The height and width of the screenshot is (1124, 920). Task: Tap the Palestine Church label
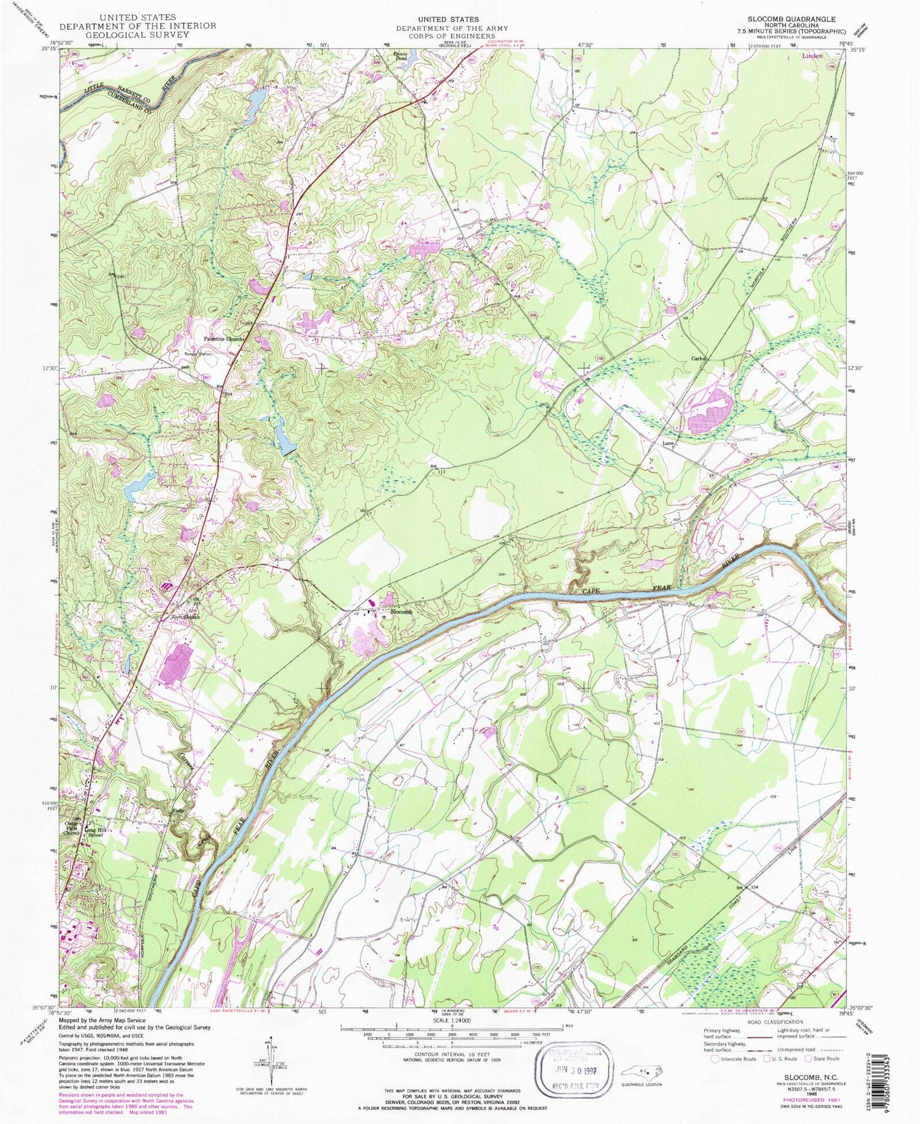[225, 339]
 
